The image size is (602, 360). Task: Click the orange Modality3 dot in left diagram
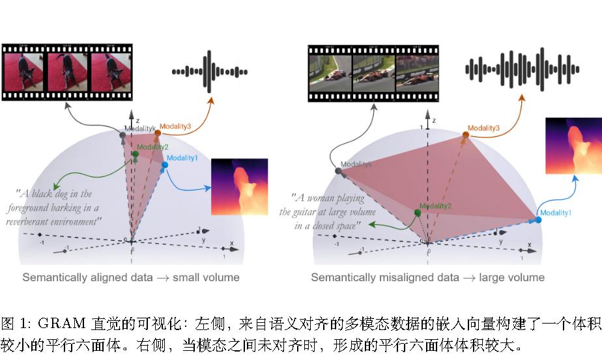(157, 133)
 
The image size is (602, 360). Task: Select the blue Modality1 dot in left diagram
(165, 165)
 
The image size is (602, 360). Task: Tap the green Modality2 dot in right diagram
(418, 213)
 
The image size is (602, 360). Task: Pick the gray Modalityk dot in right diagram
(338, 171)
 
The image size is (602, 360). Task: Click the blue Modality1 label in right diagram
(556, 213)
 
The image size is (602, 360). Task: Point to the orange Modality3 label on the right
(483, 128)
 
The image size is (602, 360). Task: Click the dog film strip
(67, 72)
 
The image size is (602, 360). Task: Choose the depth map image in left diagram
(239, 187)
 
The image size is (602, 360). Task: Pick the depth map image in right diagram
(573, 146)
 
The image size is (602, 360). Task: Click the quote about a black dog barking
(55, 208)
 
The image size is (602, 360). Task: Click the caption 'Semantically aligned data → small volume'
(131, 277)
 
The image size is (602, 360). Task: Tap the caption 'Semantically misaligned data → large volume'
(427, 277)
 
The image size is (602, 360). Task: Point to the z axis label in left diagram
(137, 121)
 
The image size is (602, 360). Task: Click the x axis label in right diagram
(529, 245)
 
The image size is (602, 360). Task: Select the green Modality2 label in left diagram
(153, 147)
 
